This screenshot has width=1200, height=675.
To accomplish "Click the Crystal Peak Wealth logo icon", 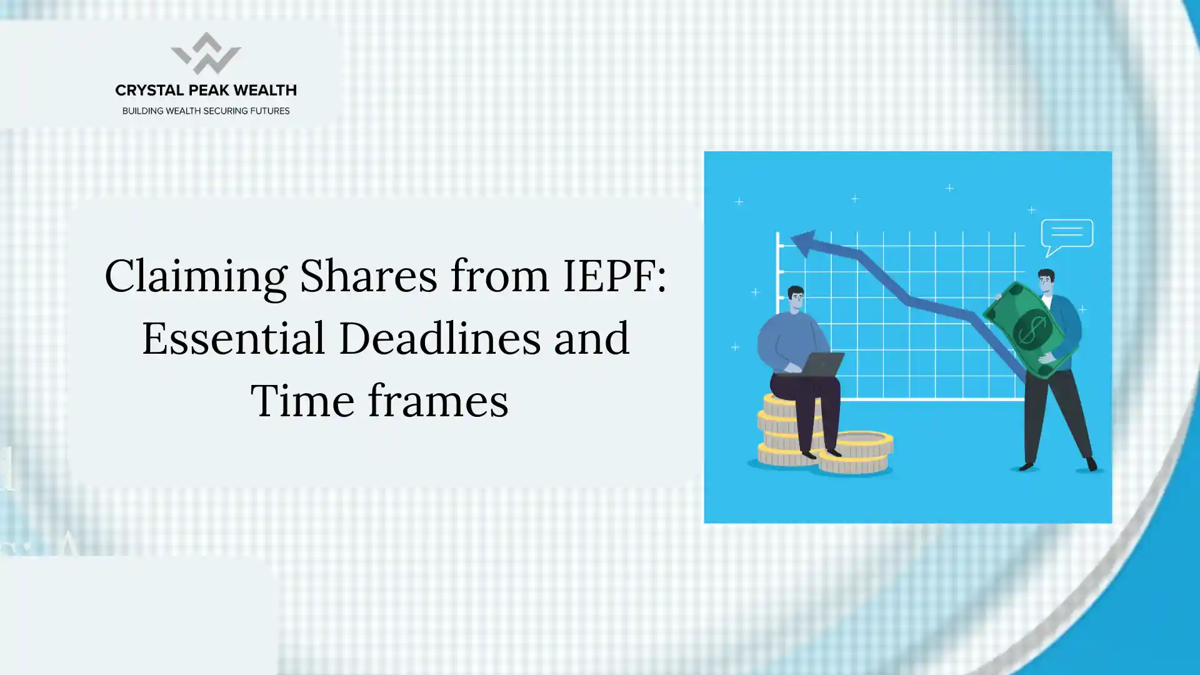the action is tap(206, 54).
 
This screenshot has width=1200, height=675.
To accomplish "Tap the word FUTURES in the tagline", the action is tap(270, 111).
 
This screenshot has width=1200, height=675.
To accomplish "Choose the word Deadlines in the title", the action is tap(439, 337).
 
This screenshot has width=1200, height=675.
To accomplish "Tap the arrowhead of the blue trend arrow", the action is tap(804, 242).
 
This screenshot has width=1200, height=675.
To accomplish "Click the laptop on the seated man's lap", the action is tap(821, 365).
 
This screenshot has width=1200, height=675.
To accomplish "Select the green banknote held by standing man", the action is tap(1031, 329).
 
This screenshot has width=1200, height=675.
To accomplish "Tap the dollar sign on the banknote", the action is tap(1033, 330).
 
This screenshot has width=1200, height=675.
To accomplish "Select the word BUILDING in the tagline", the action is tap(142, 111).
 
